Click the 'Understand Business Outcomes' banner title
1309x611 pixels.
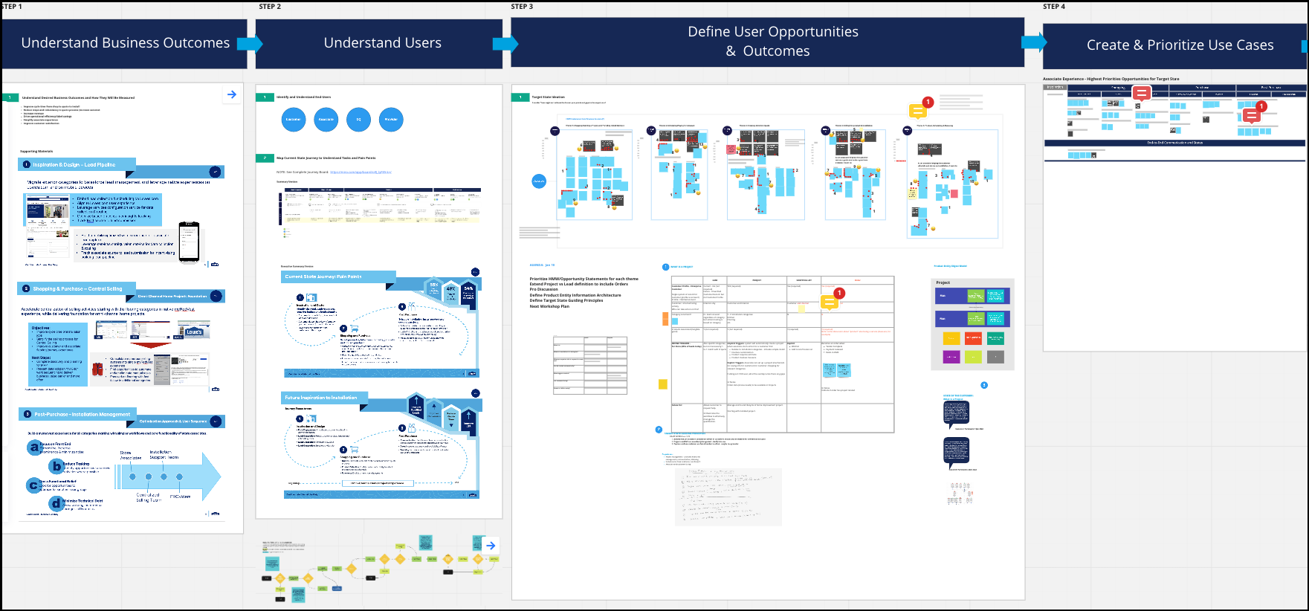125,43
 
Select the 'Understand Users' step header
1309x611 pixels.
382,43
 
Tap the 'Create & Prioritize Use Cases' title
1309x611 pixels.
1180,45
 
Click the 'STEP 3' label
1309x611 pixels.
522,7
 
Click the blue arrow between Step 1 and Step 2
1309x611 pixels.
251,43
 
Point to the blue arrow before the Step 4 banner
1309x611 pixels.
1033,42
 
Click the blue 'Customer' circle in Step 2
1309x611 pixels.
294,119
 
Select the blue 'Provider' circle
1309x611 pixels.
391,119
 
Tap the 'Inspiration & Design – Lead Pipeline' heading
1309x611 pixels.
74,164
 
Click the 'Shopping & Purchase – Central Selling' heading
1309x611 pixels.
77,288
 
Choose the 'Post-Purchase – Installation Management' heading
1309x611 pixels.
82,414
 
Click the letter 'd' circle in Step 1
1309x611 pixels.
56,503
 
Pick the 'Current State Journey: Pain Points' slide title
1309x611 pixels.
323,277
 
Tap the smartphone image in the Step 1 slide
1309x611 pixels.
189,242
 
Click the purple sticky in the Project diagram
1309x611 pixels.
951,357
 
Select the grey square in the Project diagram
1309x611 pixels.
995,357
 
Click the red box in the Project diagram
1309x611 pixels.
973,338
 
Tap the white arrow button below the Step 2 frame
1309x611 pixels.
491,546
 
